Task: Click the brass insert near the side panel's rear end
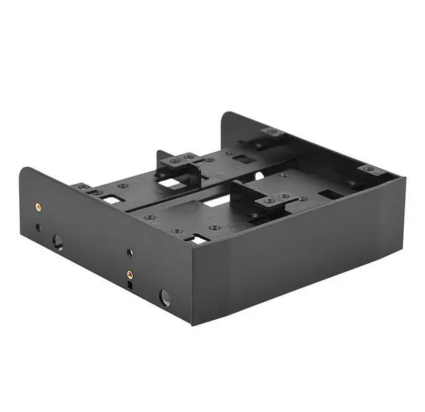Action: click(37, 207)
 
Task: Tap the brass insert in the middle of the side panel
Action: click(129, 272)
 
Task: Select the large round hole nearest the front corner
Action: click(165, 297)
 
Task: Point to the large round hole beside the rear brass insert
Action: click(58, 242)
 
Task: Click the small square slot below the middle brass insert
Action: click(130, 285)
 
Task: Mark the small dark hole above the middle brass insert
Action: click(129, 253)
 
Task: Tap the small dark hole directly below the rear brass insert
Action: click(38, 227)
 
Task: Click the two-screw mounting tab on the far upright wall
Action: click(272, 132)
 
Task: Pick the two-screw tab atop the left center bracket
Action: click(180, 159)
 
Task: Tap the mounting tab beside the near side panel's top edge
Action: click(84, 188)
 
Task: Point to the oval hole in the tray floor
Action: click(259, 175)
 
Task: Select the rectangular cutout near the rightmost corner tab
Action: click(330, 195)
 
